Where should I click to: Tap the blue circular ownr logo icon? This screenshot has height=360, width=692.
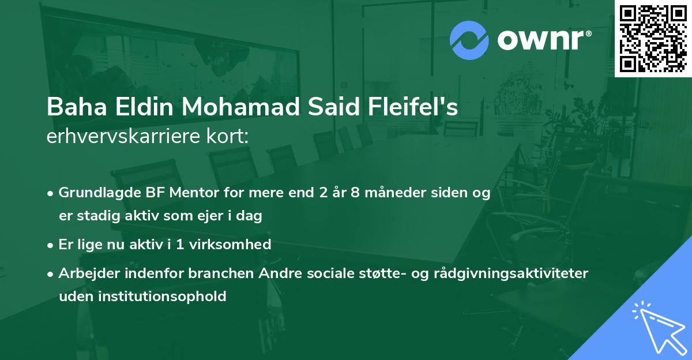(469, 40)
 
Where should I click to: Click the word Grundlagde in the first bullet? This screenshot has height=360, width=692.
(96, 193)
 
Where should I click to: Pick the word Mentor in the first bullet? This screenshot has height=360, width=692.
(190, 193)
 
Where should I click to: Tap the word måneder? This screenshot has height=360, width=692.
(390, 193)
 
